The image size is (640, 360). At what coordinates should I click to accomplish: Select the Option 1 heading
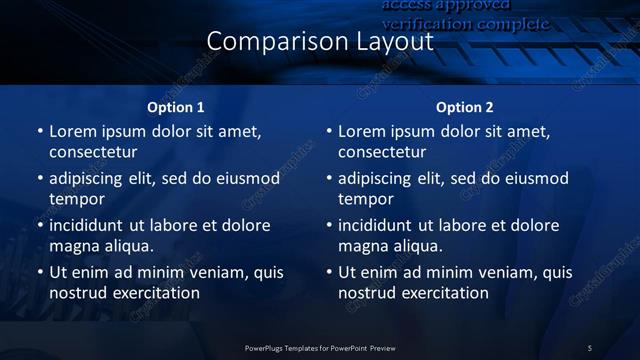[176, 107]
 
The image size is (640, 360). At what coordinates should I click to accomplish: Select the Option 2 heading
[465, 107]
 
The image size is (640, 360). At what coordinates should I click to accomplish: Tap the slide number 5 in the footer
[590, 348]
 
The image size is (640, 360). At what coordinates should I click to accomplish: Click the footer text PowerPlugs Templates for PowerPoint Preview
[320, 348]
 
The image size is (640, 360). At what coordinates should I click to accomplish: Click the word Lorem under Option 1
[72, 131]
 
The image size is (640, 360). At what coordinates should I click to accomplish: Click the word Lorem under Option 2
[361, 131]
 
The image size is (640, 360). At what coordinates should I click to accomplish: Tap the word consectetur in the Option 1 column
[93, 152]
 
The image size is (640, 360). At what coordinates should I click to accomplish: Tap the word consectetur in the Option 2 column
[382, 152]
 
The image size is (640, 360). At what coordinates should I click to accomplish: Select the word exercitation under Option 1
[155, 293]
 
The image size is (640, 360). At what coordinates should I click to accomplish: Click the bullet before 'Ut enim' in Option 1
[40, 272]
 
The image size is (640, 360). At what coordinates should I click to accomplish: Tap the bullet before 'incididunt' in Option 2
[329, 225]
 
